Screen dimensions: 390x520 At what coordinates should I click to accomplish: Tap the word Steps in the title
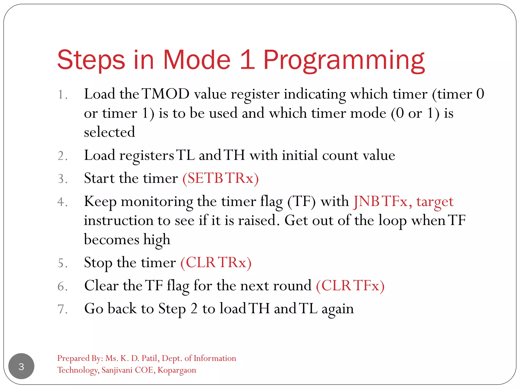[x=91, y=60]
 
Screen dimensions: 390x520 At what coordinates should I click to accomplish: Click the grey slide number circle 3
[x=21, y=366]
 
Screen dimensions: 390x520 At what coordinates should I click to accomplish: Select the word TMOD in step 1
[x=166, y=94]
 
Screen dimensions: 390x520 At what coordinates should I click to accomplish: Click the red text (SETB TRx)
[x=220, y=178]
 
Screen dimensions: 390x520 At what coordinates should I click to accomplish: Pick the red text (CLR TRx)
[x=216, y=263]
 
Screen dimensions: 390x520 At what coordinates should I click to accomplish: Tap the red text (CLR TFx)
[x=350, y=286]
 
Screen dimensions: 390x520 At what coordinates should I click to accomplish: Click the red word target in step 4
[x=435, y=202]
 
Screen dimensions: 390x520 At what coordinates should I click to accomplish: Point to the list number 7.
[x=62, y=309]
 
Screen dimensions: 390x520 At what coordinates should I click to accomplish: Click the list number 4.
[x=62, y=202]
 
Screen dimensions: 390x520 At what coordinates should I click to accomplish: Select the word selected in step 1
[x=109, y=132]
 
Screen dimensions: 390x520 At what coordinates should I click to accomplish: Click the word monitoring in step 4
[x=157, y=202]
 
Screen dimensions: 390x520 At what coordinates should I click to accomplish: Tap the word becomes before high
[x=111, y=240]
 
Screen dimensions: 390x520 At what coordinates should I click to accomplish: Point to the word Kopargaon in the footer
[x=177, y=370]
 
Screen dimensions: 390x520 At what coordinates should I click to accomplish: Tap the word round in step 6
[x=292, y=286]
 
